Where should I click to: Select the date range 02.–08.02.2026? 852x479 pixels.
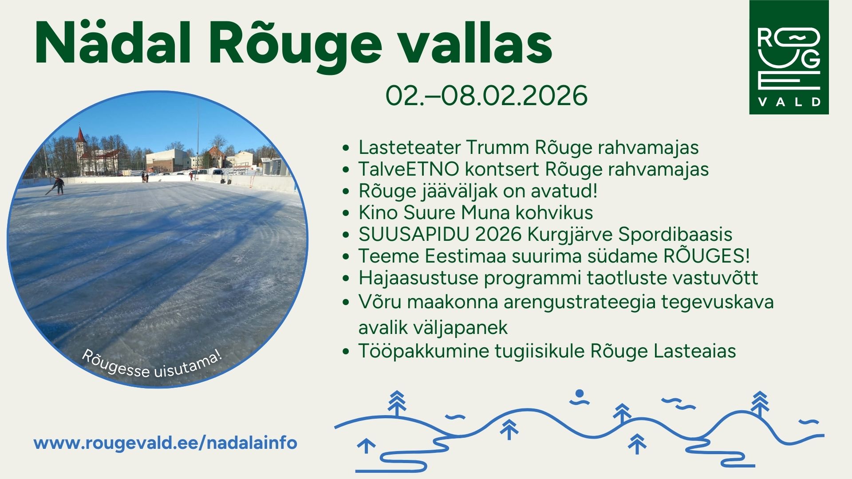pos(486,95)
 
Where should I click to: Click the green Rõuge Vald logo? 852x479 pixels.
pos(789,57)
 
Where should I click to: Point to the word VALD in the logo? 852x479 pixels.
pos(789,102)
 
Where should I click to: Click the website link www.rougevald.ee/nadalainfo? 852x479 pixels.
pos(166,443)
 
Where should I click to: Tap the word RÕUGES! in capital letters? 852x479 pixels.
pos(706,256)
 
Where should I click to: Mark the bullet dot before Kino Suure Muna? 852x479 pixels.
pos(346,213)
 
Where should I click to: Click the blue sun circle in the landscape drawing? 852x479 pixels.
pos(579,393)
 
